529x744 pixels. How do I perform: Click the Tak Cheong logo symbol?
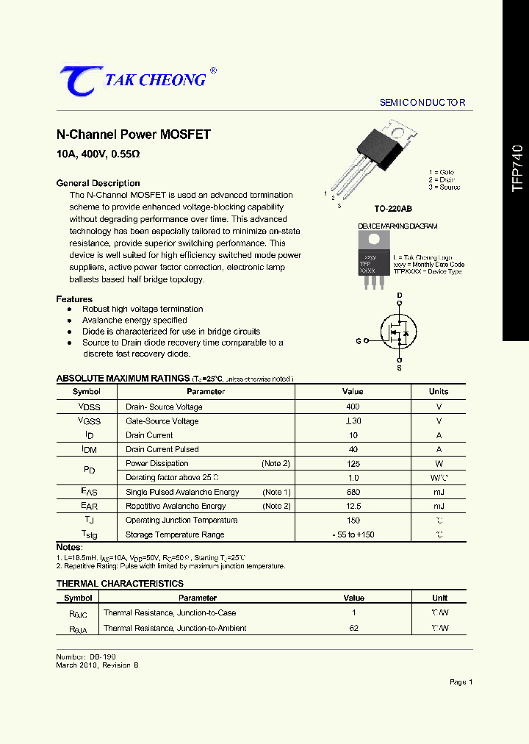pyautogui.click(x=77, y=81)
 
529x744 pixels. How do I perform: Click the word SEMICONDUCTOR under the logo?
pyautogui.click(x=422, y=103)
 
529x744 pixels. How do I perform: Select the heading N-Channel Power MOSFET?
pyautogui.click(x=134, y=135)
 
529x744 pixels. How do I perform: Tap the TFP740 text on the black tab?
pyautogui.click(x=517, y=168)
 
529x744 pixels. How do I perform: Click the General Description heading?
pyautogui.click(x=98, y=183)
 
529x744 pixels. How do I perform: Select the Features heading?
pyautogui.click(x=74, y=299)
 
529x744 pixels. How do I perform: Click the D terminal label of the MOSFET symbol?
pyautogui.click(x=400, y=296)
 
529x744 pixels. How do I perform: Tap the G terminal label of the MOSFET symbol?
pyautogui.click(x=359, y=341)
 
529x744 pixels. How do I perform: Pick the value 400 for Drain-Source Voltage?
pyautogui.click(x=353, y=407)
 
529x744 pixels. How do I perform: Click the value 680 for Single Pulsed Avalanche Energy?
pyautogui.click(x=353, y=492)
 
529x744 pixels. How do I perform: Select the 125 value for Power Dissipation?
pyautogui.click(x=353, y=463)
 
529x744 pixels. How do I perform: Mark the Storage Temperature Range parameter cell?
pyautogui.click(x=175, y=534)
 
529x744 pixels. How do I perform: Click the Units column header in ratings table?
pyautogui.click(x=439, y=392)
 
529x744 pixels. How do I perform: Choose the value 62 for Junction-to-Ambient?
pyautogui.click(x=353, y=628)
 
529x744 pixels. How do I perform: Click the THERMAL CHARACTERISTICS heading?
pyautogui.click(x=120, y=584)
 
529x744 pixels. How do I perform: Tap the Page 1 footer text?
pyautogui.click(x=461, y=682)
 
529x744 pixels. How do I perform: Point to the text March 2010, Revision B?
pyautogui.click(x=97, y=665)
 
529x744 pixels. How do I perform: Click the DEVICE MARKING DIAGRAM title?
pyautogui.click(x=397, y=226)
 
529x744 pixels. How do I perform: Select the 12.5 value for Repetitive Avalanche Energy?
pyautogui.click(x=353, y=506)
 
